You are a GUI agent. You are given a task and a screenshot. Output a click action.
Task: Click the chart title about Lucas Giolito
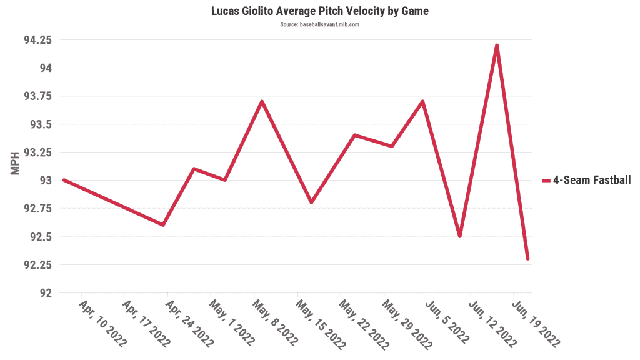319,11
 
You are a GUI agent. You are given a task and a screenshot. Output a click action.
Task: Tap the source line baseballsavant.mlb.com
319,24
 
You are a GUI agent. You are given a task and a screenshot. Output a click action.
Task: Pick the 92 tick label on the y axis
46,292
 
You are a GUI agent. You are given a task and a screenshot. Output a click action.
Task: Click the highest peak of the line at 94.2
497,46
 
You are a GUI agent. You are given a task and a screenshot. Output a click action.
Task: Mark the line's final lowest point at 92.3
528,259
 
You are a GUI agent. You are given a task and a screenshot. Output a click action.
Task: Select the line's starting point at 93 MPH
64,180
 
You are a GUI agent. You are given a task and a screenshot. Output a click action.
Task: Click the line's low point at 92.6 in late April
163,225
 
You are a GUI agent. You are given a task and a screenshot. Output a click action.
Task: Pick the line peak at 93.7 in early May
262,101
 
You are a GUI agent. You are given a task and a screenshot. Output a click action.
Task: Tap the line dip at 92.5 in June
460,236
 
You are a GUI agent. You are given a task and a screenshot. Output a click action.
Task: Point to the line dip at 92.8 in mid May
311,202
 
